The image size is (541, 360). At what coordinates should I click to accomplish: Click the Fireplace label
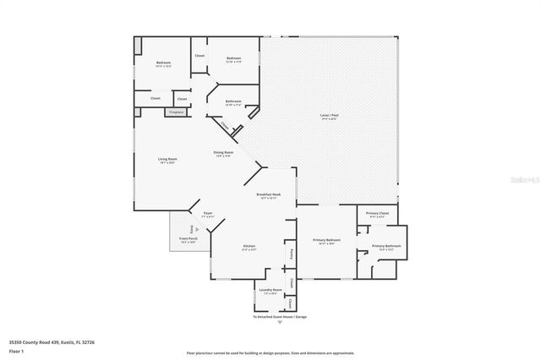[177, 112]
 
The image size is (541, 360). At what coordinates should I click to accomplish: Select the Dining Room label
[223, 153]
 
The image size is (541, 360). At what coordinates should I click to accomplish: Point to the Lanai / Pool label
[329, 117]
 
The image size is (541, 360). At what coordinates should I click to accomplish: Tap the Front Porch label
[187, 240]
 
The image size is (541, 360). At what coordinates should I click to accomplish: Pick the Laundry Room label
[270, 291]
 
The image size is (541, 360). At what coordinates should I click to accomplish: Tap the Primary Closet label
[377, 214]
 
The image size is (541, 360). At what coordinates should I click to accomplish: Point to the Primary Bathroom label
[389, 247]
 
